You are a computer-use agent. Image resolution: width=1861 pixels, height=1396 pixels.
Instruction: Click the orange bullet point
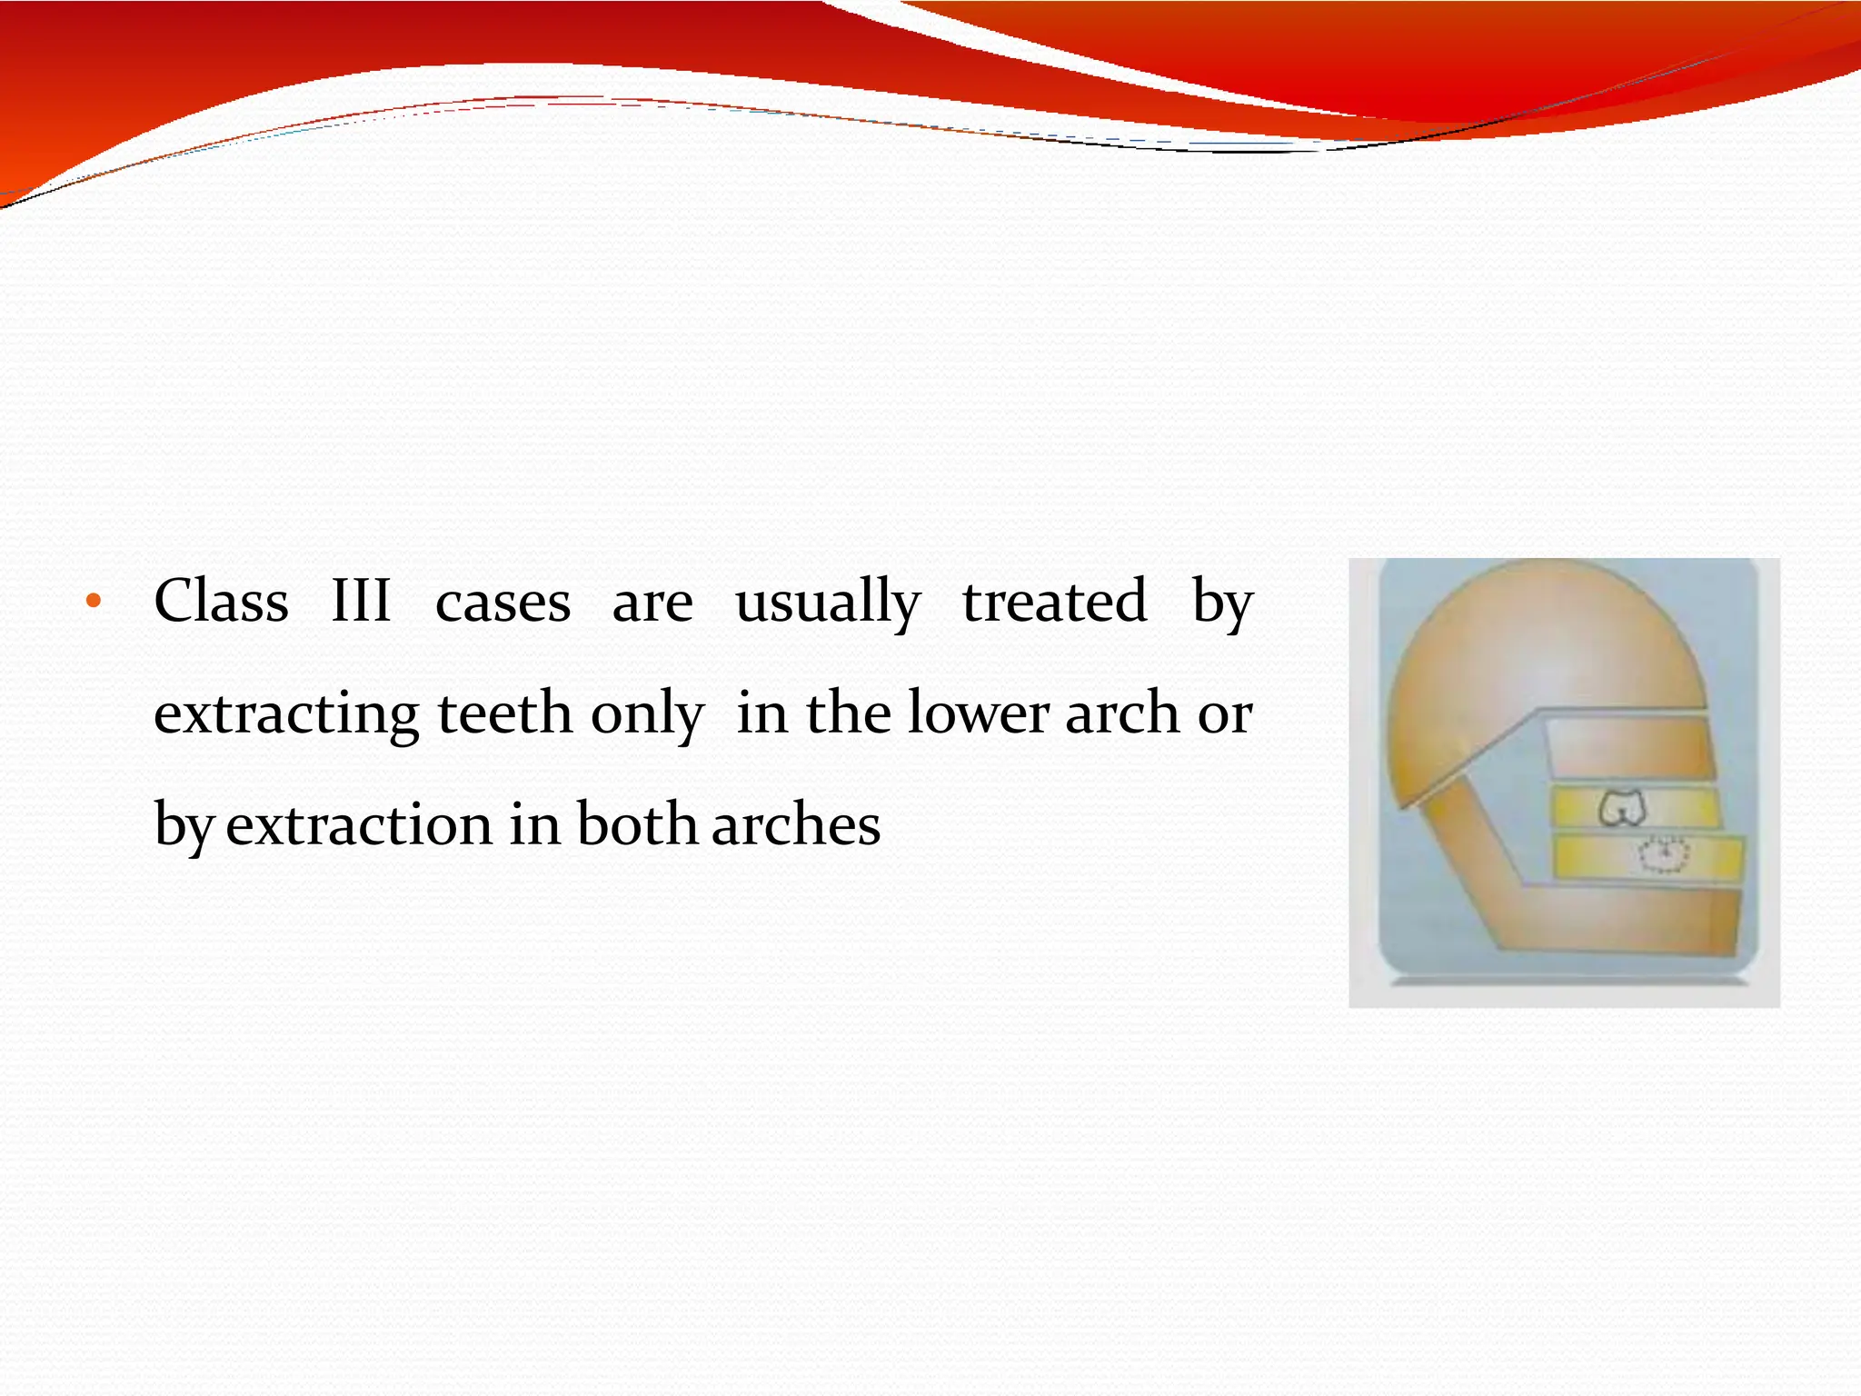click(93, 602)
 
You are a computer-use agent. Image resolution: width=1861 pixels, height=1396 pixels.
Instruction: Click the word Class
click(221, 602)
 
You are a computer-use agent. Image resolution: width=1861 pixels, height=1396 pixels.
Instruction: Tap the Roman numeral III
click(361, 602)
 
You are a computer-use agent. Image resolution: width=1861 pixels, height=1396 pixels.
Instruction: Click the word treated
click(1054, 602)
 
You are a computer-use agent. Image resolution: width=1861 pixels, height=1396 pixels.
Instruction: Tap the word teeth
click(504, 713)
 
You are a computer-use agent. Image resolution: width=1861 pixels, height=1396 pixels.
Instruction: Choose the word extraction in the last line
click(359, 825)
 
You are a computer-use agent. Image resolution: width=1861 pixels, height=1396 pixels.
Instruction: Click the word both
click(636, 824)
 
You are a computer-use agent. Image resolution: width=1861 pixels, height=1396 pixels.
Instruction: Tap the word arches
click(796, 825)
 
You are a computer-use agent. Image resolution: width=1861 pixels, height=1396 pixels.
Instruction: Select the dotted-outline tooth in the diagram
click(1664, 854)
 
